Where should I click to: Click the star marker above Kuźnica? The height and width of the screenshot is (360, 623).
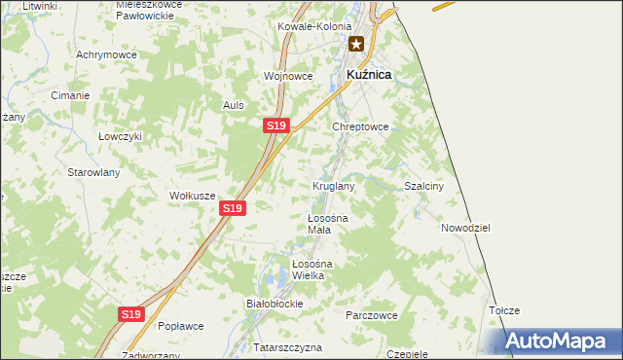[357, 44]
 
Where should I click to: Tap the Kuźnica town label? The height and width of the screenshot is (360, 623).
[369, 74]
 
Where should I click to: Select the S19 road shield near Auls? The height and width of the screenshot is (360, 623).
[276, 126]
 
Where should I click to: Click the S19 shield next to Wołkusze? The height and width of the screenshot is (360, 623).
[232, 208]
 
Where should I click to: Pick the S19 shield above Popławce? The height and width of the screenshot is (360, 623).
[132, 314]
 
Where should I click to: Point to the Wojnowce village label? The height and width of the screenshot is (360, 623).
[288, 76]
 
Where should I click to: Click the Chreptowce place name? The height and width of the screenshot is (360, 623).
[361, 126]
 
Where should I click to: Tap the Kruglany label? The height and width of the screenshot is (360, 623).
[333, 186]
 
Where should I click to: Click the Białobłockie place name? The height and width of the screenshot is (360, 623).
[275, 304]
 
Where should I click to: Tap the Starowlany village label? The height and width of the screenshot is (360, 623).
[92, 172]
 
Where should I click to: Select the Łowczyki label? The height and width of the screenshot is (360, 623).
[121, 137]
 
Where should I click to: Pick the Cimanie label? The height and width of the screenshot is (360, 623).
[71, 95]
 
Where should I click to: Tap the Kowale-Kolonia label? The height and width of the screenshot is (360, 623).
[312, 27]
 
